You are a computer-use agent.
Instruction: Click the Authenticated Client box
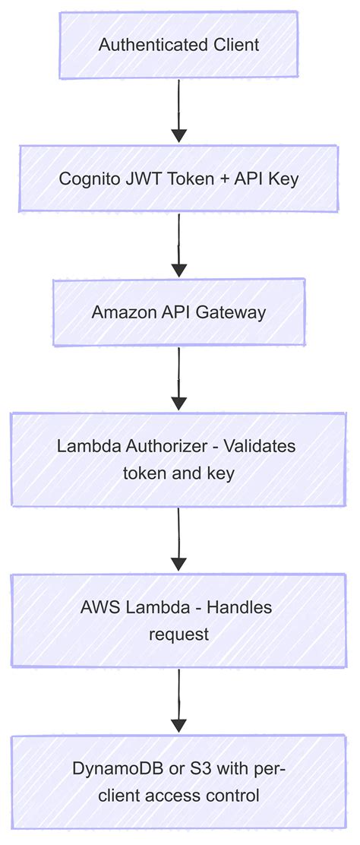pyautogui.click(x=178, y=45)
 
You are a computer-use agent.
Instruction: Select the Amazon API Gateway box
pyautogui.click(x=178, y=312)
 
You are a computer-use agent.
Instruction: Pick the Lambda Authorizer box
pyautogui.click(x=178, y=459)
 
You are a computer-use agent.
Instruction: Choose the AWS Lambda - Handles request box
pyautogui.click(x=178, y=621)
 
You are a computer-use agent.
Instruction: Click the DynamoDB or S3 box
pyautogui.click(x=178, y=782)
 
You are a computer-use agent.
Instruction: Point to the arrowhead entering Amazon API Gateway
pyautogui.click(x=178, y=270)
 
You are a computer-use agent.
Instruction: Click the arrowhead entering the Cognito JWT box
pyautogui.click(x=178, y=136)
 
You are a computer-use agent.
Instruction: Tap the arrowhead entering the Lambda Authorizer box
pyautogui.click(x=178, y=404)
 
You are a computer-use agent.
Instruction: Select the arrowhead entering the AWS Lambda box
pyautogui.click(x=178, y=565)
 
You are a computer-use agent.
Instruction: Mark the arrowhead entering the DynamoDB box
pyautogui.click(x=178, y=726)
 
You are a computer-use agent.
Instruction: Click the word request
pyautogui.click(x=178, y=634)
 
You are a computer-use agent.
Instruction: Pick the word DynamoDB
pyautogui.click(x=110, y=768)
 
